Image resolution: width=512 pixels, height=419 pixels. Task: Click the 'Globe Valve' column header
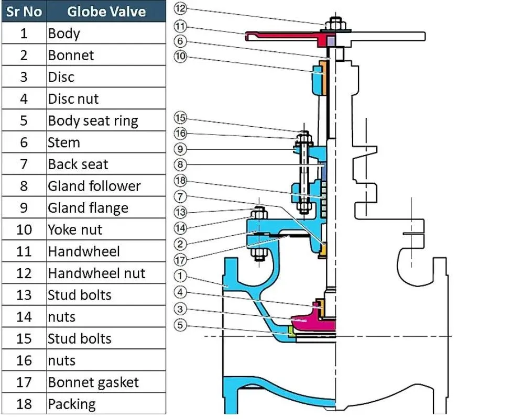(x=106, y=11)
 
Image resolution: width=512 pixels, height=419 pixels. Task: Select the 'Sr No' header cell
(x=24, y=11)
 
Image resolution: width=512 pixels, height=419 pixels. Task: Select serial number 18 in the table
(x=24, y=404)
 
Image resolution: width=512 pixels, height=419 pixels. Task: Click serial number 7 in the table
(x=24, y=164)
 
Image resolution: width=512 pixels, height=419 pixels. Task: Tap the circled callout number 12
(x=180, y=8)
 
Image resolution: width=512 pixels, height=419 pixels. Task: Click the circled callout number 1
(x=180, y=274)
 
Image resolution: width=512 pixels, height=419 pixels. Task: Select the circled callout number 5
(x=180, y=325)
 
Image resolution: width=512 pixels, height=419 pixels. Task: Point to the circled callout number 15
(x=180, y=118)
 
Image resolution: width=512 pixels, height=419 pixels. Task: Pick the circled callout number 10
(x=180, y=57)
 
